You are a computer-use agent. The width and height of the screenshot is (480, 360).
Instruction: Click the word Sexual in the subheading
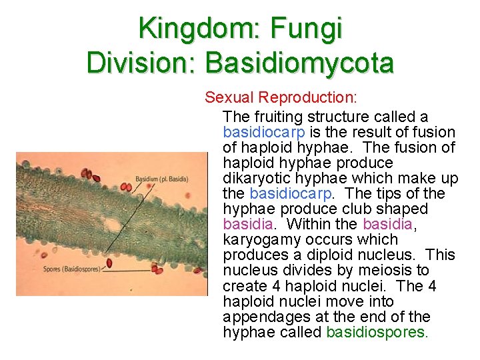click(230, 97)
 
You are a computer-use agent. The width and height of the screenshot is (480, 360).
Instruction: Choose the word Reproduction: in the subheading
click(309, 97)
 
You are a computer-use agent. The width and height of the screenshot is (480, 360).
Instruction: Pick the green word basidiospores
click(375, 332)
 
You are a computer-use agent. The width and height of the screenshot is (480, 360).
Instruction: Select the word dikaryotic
click(260, 178)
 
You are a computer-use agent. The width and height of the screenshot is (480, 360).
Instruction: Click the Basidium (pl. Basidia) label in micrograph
click(161, 179)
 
